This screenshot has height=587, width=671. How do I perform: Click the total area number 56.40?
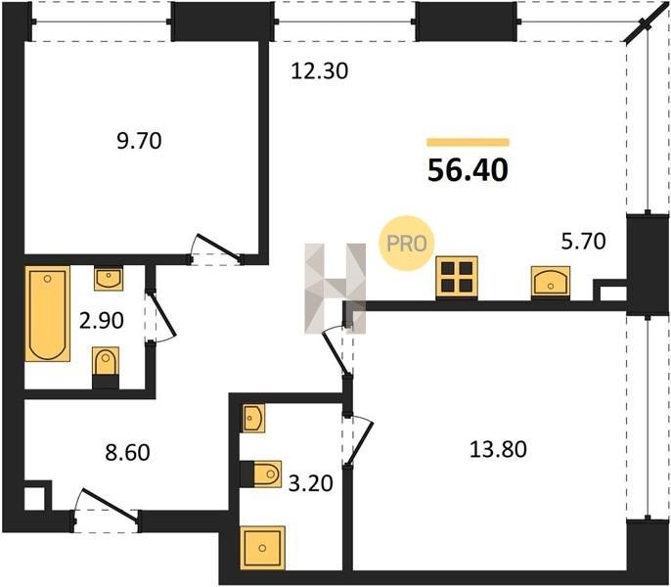(x=468, y=170)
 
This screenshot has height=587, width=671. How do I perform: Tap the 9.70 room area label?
(x=139, y=141)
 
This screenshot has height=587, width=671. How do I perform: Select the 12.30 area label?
(x=319, y=70)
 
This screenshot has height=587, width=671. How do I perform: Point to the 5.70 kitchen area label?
(x=583, y=241)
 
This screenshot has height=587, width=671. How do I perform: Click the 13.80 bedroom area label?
(x=498, y=450)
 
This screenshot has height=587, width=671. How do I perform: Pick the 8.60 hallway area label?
(x=127, y=453)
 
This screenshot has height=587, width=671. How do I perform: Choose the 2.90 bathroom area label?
(x=102, y=320)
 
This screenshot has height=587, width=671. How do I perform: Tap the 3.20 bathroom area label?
(x=311, y=484)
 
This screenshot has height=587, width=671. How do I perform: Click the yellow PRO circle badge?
(x=407, y=244)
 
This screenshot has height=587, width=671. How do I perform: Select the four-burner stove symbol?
(x=457, y=277)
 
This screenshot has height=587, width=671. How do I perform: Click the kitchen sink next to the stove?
(x=551, y=282)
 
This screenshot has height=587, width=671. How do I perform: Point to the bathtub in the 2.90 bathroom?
(x=48, y=314)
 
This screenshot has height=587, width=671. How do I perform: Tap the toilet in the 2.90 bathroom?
(x=106, y=367)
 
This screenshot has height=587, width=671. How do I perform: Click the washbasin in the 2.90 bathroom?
(x=109, y=279)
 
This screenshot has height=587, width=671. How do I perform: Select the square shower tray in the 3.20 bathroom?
(x=262, y=548)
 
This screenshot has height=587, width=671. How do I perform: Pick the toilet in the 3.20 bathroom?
(x=261, y=474)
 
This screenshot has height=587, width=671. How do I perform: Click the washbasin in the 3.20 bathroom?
(x=253, y=418)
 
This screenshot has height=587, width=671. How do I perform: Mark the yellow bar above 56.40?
(x=468, y=142)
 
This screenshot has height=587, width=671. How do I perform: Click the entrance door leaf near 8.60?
(x=110, y=506)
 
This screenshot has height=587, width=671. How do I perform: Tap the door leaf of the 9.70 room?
(x=218, y=248)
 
